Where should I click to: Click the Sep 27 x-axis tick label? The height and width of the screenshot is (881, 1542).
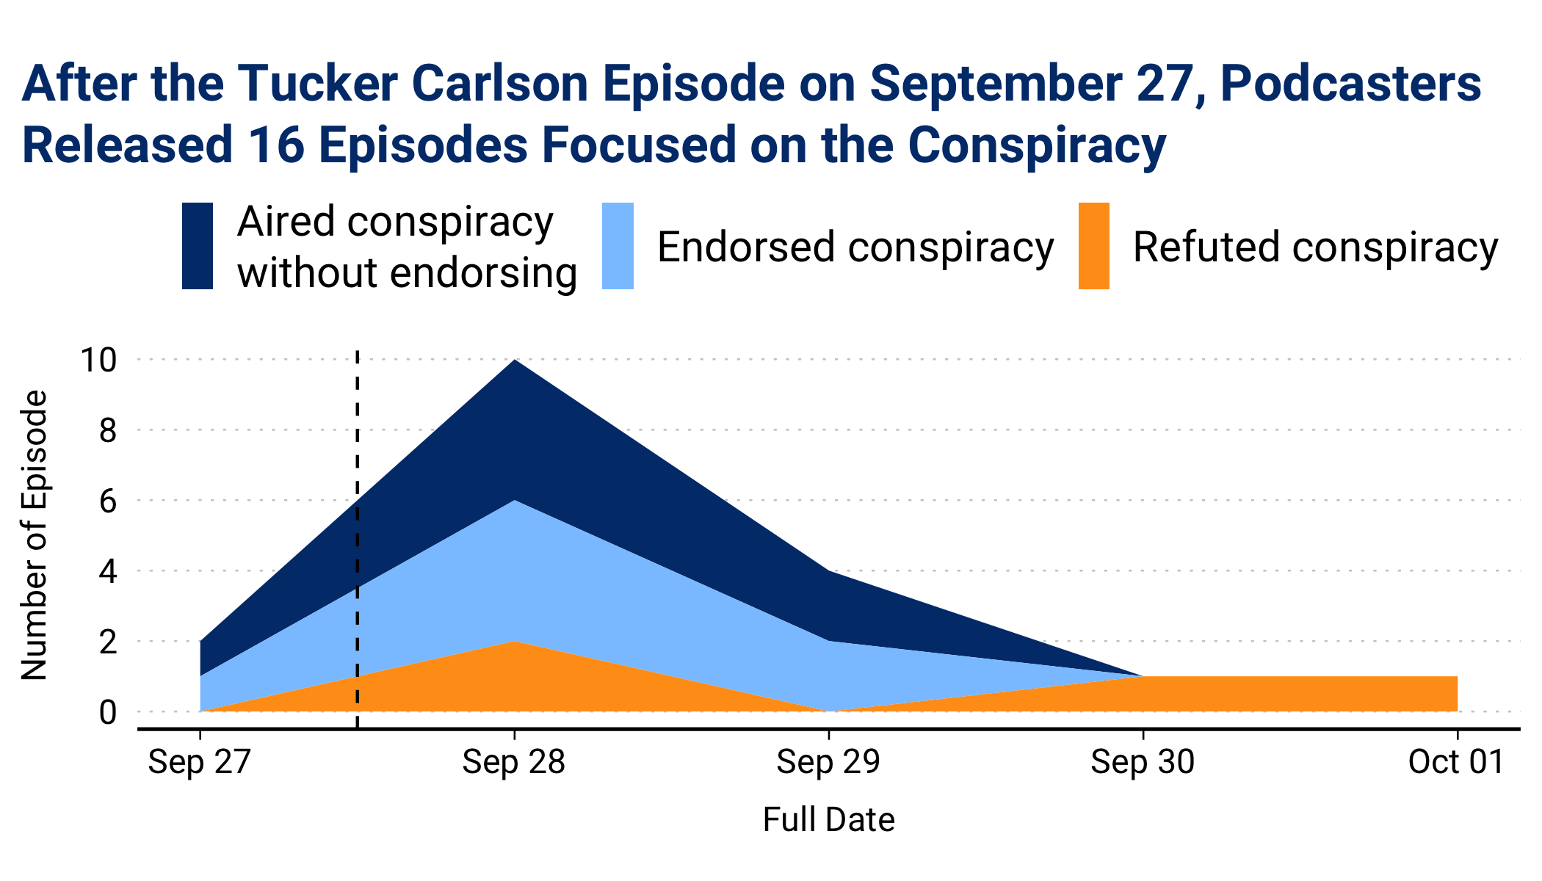coord(200,763)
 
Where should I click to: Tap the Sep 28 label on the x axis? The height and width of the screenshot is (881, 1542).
coord(514,763)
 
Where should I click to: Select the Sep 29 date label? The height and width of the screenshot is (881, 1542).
coord(828,763)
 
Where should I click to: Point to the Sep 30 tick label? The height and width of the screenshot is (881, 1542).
coord(1143,763)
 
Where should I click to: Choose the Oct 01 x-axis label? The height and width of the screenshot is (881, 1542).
coord(1456,763)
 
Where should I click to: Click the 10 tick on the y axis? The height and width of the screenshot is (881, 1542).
coord(98,360)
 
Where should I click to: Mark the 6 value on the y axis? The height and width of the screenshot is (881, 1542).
coord(108,501)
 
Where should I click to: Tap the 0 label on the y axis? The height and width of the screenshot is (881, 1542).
coord(108,712)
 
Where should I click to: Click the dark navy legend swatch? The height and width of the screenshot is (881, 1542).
coord(198,246)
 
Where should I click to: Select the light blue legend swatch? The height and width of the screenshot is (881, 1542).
coord(618,246)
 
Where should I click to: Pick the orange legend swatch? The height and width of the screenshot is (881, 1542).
coord(1093,246)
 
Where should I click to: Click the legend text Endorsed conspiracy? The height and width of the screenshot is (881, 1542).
coord(855,247)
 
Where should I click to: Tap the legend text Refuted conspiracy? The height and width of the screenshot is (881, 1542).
coord(1315,247)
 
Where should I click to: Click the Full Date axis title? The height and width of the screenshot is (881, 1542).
coord(828,820)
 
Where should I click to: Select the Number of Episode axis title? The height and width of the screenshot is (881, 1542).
coord(35,535)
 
